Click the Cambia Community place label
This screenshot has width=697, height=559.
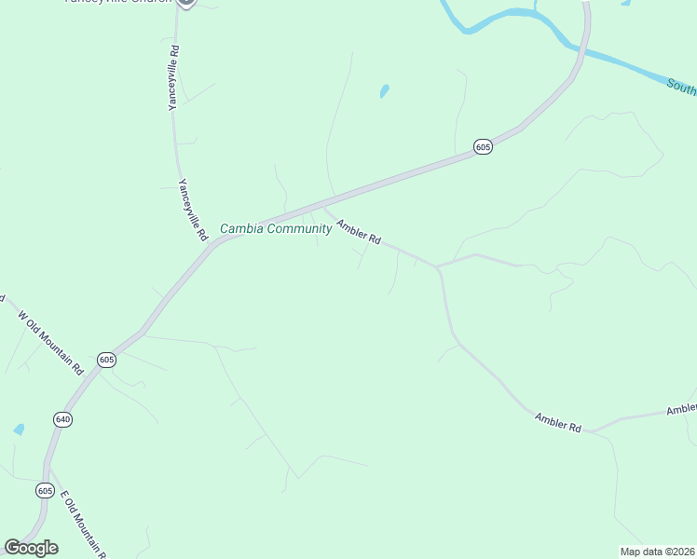[x=275, y=229]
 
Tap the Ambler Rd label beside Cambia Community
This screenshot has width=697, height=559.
[x=359, y=232]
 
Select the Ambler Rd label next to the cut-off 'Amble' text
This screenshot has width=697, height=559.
[x=558, y=422]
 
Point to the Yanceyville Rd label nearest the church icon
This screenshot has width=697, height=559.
[x=172, y=77]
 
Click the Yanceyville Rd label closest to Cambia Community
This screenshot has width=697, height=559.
[x=192, y=211]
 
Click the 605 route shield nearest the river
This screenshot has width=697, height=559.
[x=482, y=147]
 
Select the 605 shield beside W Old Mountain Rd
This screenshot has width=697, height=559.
[x=106, y=360]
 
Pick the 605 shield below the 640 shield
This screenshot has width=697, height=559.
[x=45, y=490]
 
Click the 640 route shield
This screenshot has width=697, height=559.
[x=62, y=419]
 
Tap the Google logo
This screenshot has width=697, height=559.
[x=31, y=548]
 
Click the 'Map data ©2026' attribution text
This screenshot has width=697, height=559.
[x=657, y=552]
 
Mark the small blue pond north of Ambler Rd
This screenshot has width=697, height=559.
[x=384, y=91]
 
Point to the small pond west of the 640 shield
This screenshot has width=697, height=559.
[x=18, y=429]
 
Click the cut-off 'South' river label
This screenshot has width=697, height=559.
[x=682, y=87]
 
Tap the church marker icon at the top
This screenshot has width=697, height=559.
[x=185, y=3]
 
